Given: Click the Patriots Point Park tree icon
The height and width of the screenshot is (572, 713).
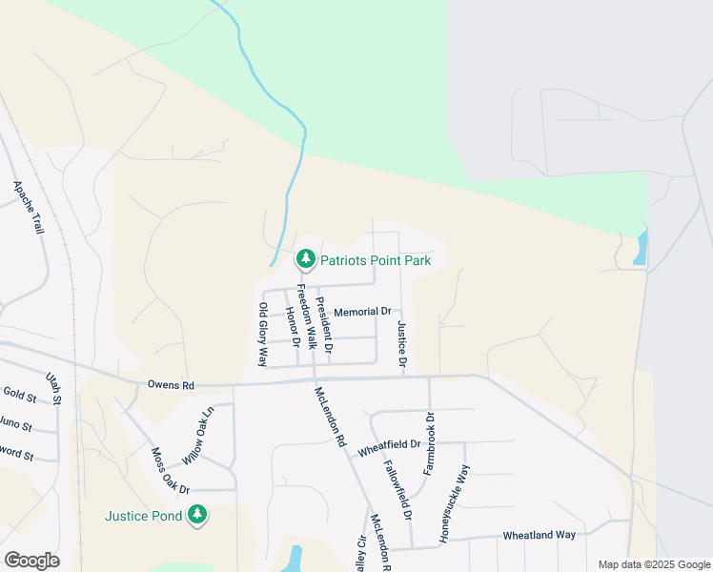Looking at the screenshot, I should coord(306,258).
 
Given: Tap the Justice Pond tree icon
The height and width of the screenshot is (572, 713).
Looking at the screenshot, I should coord(197,516).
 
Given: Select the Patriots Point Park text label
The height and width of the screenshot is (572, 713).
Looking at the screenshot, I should coord(376,260).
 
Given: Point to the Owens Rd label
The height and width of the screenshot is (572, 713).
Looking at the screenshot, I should coord(171,386).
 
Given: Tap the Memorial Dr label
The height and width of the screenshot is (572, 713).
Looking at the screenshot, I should coord(362,312).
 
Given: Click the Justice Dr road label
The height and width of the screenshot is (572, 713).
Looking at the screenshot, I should coord(402,345).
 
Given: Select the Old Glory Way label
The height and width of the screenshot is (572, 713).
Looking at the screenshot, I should coord(263,334).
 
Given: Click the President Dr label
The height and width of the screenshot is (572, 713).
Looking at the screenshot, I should coord(324,326).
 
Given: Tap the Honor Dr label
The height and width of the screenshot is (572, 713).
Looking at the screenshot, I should coord(294,328).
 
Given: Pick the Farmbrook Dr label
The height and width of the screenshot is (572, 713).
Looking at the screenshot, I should coord(429,443).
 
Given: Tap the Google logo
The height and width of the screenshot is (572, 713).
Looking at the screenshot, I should coord(31,561).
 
